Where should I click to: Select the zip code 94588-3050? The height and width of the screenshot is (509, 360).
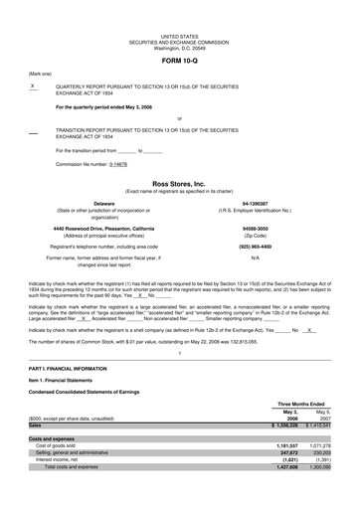pos(266,228)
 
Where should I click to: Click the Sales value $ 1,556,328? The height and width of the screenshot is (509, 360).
pos(294,424)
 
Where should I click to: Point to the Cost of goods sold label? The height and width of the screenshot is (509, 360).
pos(61,445)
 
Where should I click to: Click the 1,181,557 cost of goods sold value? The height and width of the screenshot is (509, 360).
pos(297,445)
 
